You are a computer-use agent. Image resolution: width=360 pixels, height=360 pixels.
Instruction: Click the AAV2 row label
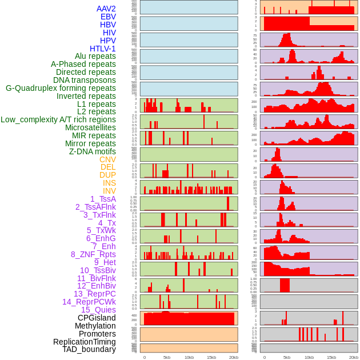pyautogui.click(x=106, y=9)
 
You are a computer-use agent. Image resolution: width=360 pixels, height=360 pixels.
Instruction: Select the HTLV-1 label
pyautogui.click(x=103, y=49)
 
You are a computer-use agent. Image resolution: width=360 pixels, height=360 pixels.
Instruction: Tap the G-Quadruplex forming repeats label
pyautogui.click(x=61, y=88)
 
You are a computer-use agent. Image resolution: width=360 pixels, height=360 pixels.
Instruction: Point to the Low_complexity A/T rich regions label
pyautogui.click(x=58, y=119)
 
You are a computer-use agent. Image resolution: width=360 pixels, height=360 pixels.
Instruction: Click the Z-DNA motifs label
pyautogui.click(x=93, y=151)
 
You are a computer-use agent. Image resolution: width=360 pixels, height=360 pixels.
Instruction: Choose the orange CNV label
pyautogui.click(x=107, y=159)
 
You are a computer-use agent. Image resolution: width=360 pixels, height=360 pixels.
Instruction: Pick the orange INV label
pyautogui.click(x=109, y=191)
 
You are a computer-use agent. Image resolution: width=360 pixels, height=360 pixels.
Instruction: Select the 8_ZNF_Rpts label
pyautogui.click(x=93, y=254)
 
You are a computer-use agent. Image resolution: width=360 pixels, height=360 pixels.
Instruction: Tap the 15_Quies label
pyautogui.click(x=98, y=310)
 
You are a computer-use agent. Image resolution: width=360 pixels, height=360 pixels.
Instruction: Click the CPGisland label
pyautogui.click(x=97, y=318)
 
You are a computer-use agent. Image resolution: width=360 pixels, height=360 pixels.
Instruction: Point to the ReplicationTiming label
pyautogui.click(x=84, y=342)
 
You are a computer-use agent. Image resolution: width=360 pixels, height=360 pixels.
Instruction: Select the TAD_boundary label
pyautogui.click(x=89, y=349)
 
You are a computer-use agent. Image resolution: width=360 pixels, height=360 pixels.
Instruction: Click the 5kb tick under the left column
pyautogui.click(x=167, y=357)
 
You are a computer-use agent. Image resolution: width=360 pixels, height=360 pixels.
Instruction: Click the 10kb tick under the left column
pyautogui.click(x=189, y=357)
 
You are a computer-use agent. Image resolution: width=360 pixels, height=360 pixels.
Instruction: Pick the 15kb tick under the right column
pyautogui.click(x=331, y=357)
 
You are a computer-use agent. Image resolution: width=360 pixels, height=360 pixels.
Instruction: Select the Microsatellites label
pyautogui.click(x=90, y=127)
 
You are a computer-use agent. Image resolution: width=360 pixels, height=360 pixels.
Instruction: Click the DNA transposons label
pyautogui.click(x=85, y=80)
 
